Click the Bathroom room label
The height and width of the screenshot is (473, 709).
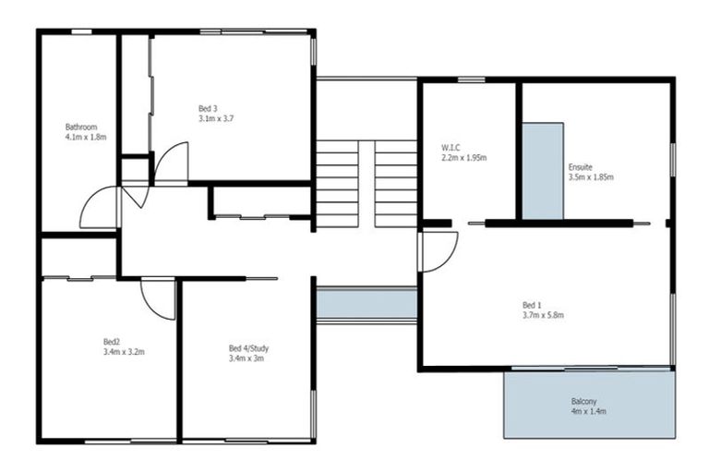click(x=81, y=127)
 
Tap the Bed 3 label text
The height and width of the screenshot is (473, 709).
click(x=208, y=107)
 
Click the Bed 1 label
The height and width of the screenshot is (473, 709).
click(x=533, y=304)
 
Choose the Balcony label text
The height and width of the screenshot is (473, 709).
click(x=583, y=401)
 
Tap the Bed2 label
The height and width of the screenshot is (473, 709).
click(x=112, y=341)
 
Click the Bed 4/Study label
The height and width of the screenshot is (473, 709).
click(x=248, y=348)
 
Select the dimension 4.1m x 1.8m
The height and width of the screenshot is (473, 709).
click(x=86, y=138)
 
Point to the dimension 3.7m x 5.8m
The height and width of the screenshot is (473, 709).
click(x=543, y=315)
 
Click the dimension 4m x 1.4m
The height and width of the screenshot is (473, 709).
click(x=588, y=412)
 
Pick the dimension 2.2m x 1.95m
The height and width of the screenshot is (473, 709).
click(x=463, y=157)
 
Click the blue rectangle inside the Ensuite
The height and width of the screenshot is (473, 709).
click(x=543, y=171)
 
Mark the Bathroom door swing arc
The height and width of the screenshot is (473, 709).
click(x=99, y=208)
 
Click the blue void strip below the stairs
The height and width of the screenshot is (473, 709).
click(x=366, y=303)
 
